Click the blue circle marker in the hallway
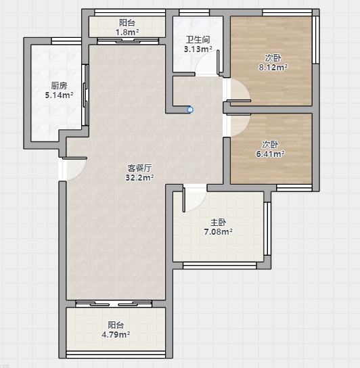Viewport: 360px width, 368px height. [190, 110]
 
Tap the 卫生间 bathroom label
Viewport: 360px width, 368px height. [198, 40]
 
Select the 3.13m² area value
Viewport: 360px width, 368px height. [198, 49]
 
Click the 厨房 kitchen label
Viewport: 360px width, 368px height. [59, 86]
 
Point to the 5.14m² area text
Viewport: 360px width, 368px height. [59, 95]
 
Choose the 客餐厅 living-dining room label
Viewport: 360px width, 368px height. [139, 168]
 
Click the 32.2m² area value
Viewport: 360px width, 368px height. [139, 178]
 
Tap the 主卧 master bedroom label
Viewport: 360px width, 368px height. [218, 223]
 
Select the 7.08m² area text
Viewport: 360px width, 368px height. [218, 232]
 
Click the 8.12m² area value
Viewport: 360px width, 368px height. [273, 68]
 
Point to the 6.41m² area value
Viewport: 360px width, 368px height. [270, 154]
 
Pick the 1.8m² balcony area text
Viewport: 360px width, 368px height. [127, 32]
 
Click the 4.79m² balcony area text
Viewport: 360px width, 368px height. [116, 335]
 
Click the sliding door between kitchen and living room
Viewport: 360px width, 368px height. [85, 95]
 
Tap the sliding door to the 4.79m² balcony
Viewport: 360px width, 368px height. [114, 304]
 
